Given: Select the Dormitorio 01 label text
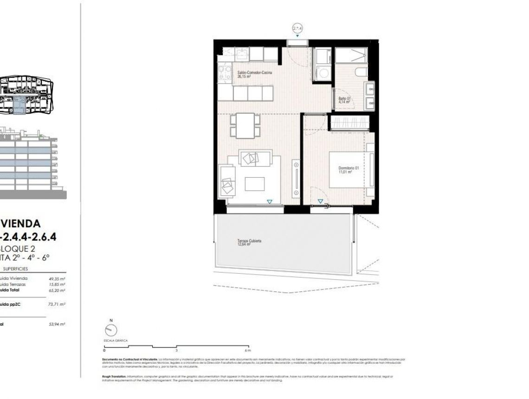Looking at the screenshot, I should [348, 169].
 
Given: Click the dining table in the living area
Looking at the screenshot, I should [245, 125].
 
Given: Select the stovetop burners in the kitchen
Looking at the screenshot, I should [225, 73].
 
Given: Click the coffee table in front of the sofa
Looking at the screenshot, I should [254, 184].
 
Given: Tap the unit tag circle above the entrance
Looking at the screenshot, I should [297, 29].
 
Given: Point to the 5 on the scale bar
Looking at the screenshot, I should [176, 350].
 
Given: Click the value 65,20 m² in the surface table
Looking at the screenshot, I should [57, 290].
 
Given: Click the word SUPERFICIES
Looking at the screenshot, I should [15, 269].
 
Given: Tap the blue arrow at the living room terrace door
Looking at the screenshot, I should [270, 201].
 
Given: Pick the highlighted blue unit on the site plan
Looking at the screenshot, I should [19, 106].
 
